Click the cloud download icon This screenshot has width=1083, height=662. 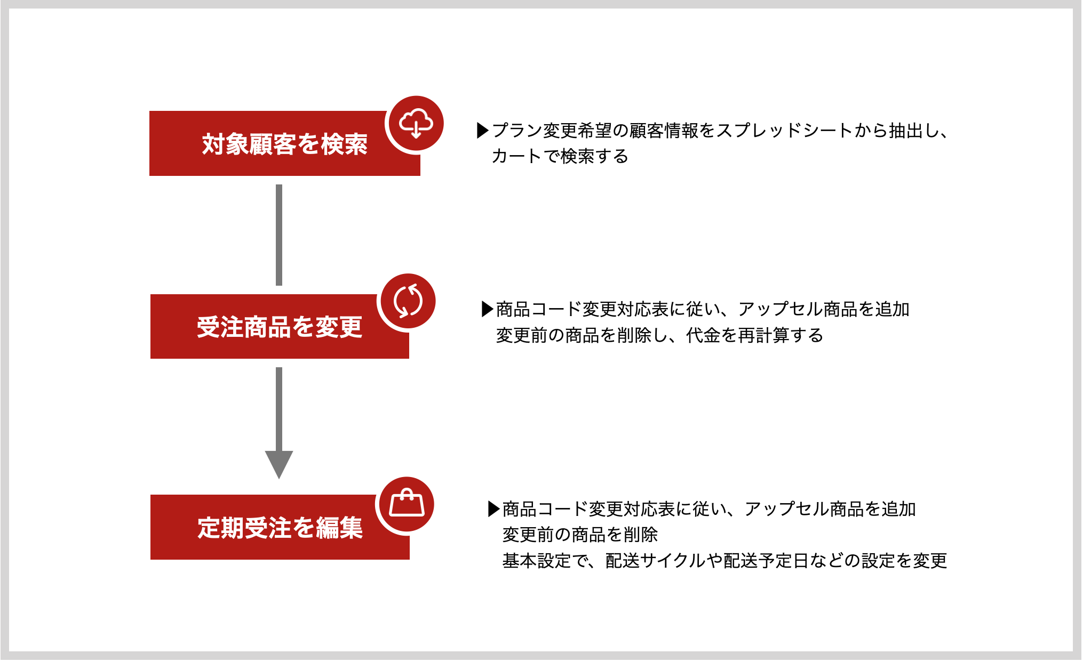point(416,124)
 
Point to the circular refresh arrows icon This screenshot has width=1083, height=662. point(408,301)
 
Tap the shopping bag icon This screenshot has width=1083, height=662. point(407,504)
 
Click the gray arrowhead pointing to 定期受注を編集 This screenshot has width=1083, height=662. point(279,464)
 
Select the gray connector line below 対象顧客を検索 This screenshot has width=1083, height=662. point(279,235)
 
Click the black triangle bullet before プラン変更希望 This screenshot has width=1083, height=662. point(482,131)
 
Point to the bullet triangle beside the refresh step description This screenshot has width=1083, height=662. point(488,309)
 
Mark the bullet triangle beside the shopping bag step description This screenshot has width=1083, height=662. point(494,509)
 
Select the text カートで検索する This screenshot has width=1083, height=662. point(560,156)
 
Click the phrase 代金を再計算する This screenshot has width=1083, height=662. point(755,335)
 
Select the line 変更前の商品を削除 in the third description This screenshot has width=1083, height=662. point(580,534)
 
